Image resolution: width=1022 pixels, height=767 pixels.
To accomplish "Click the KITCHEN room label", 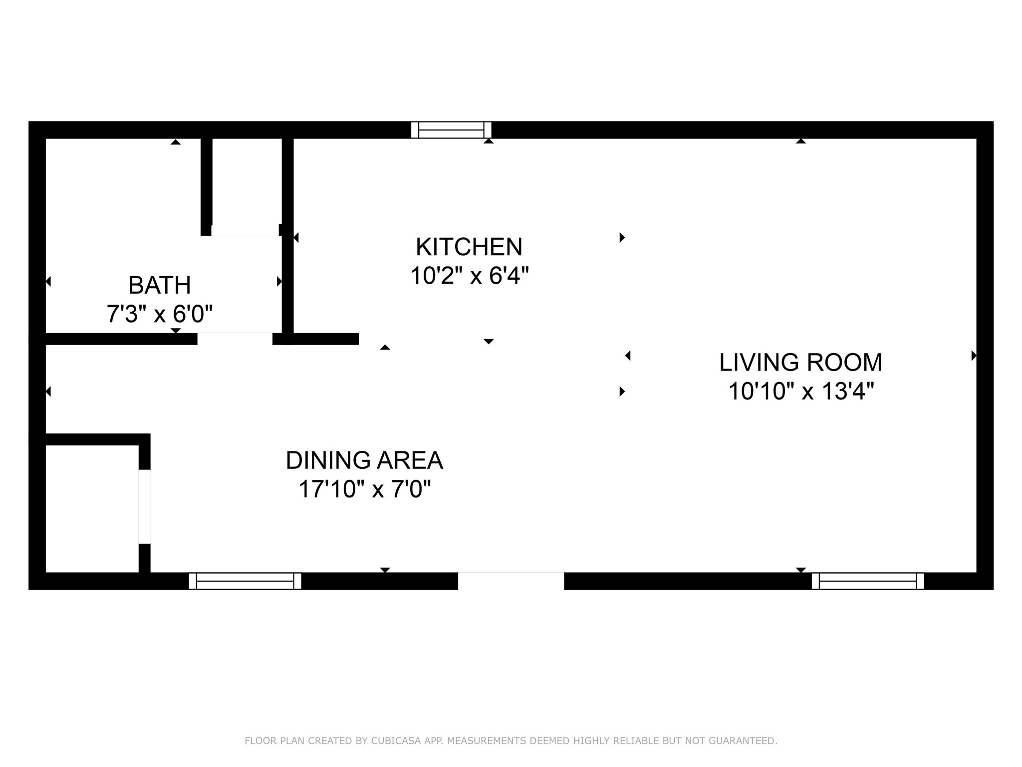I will coord(469,247).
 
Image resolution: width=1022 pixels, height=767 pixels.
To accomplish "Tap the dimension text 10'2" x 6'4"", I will coord(469,276).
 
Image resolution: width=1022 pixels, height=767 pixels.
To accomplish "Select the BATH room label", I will coord(160,285).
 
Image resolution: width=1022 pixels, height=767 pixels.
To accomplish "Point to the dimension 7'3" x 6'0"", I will coord(160,314).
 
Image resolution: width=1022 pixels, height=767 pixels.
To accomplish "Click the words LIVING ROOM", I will coord(800,362).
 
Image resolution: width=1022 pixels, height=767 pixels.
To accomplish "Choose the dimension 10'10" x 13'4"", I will coord(800,391).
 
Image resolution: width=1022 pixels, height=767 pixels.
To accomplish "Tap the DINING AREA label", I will coord(364,460).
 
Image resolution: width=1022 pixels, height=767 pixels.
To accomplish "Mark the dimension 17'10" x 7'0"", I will coord(364,489).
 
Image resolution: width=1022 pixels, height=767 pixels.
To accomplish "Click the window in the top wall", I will coord(451,130).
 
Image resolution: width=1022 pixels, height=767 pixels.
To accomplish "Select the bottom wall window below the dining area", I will coord(245,581).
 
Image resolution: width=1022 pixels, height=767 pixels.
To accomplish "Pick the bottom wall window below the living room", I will coord(868,581).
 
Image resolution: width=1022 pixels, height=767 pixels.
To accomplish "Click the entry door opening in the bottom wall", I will coord(511,581).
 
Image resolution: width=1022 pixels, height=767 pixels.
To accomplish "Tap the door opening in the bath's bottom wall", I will coord(235,339).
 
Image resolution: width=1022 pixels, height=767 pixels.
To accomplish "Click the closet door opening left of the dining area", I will coord(144,506).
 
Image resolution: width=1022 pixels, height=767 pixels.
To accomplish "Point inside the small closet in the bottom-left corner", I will coord(91,508).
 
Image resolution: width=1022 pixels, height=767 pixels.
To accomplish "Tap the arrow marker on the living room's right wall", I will coord(974,356).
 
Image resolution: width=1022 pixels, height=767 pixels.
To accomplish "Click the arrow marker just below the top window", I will coord(489,141).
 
